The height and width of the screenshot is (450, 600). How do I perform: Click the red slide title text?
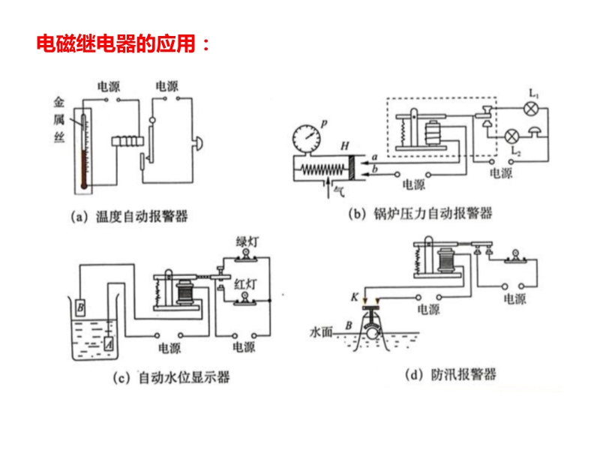124,43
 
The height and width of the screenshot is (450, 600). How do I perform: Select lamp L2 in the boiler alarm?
513,136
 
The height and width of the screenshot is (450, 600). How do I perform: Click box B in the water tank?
80,307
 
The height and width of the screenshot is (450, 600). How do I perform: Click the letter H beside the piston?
343,145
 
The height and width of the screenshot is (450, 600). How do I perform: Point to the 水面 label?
321,330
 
